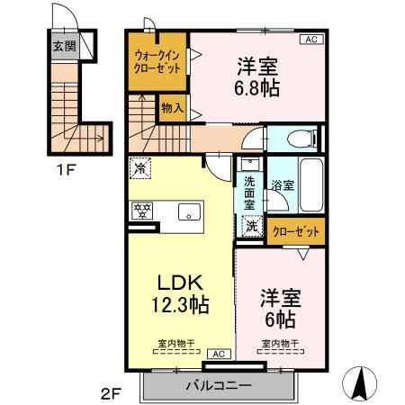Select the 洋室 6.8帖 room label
coord(258,76)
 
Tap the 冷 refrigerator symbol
coord(141,166)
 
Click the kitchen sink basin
coord(189,212)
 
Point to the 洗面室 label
coord(250,193)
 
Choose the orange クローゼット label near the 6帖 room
coord(296,231)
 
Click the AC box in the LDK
coord(218,354)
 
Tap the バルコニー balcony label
coord(218,385)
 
